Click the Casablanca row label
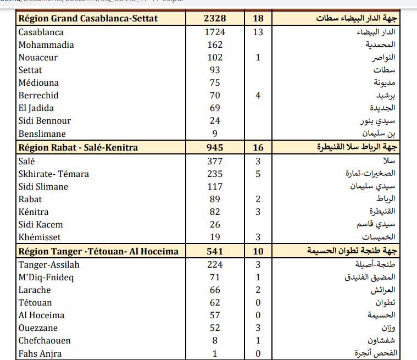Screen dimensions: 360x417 click(41, 32)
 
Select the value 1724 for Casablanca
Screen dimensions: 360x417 click(215, 32)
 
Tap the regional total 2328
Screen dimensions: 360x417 click(215, 19)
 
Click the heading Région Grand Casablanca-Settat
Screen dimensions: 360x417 click(88, 19)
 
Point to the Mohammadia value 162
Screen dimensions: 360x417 click(215, 45)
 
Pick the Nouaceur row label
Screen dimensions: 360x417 click(38, 58)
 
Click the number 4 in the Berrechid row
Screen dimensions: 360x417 click(258, 96)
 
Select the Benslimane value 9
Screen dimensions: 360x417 click(215, 134)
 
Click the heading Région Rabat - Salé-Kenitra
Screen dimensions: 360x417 click(78, 147)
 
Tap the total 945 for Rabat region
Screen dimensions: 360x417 click(215, 147)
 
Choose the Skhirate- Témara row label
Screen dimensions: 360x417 click(53, 174)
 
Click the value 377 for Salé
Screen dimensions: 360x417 click(215, 162)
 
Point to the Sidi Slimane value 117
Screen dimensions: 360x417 click(215, 187)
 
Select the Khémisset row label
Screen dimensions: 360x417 click(40, 237)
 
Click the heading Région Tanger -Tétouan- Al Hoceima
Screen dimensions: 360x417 click(98, 251)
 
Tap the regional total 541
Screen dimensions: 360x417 click(215, 251)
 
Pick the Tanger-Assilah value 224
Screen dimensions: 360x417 click(215, 265)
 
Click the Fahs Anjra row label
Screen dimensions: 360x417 click(40, 354)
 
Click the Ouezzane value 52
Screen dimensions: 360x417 click(215, 328)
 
